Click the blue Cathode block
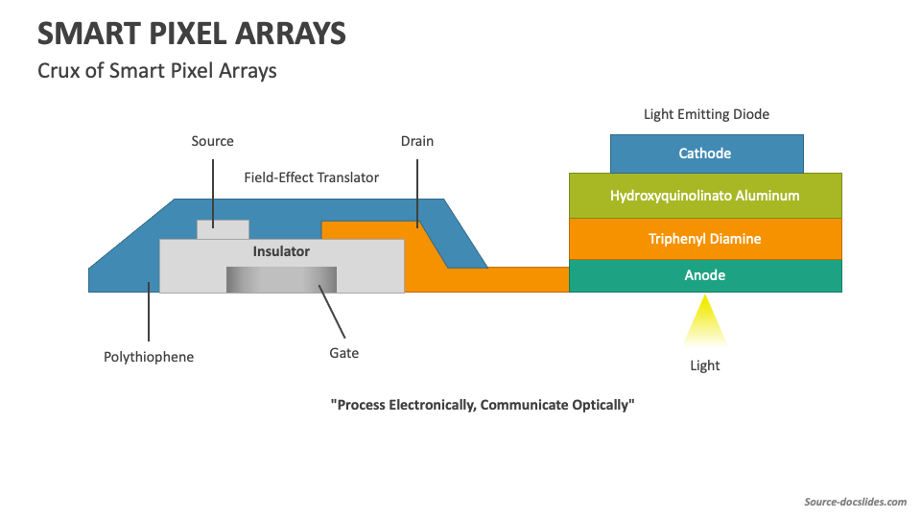tap(705, 153)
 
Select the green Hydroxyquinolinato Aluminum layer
tap(705, 196)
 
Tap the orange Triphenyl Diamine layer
tap(705, 239)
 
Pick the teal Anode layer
tap(705, 275)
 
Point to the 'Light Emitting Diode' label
tap(706, 114)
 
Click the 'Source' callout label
tap(212, 141)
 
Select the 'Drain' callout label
tap(417, 141)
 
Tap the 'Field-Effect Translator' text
tap(311, 177)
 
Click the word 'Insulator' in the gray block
tap(281, 251)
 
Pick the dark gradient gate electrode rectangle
tap(281, 279)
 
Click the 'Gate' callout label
tap(343, 353)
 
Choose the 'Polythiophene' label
tap(149, 357)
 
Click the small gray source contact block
tap(223, 229)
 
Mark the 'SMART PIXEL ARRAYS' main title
tap(192, 34)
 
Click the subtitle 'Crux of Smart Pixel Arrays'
tap(157, 70)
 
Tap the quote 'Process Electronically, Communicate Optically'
tap(483, 405)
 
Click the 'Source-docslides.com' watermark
tap(854, 502)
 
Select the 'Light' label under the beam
tap(705, 365)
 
